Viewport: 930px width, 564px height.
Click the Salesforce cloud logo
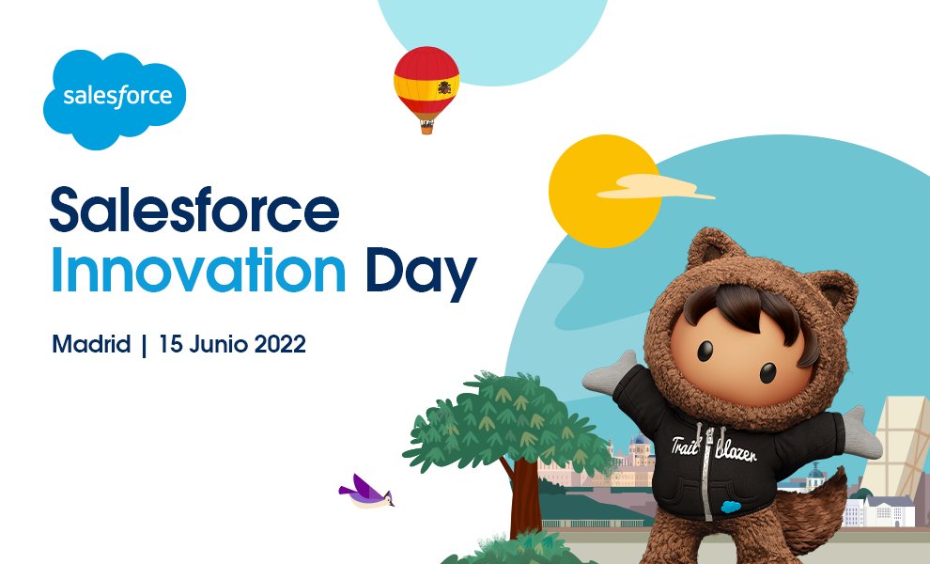click(x=115, y=98)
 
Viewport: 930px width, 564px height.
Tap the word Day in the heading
click(x=420, y=273)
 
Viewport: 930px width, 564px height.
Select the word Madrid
click(x=91, y=345)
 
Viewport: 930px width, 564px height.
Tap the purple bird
click(x=365, y=491)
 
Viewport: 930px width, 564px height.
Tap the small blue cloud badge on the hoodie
click(x=728, y=505)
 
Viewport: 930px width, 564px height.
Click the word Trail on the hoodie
click(x=688, y=449)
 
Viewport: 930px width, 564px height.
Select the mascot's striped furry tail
click(x=827, y=526)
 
